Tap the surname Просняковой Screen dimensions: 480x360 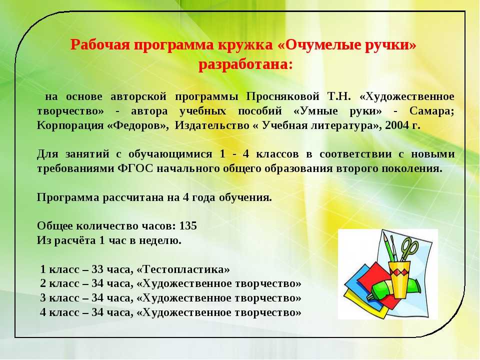click(x=283, y=96)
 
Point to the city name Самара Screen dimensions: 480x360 click(x=430, y=111)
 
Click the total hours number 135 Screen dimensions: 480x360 click(x=188, y=226)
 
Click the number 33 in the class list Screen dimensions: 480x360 click(x=97, y=269)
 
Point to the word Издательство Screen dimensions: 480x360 click(x=212, y=125)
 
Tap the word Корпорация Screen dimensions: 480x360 click(x=70, y=125)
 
